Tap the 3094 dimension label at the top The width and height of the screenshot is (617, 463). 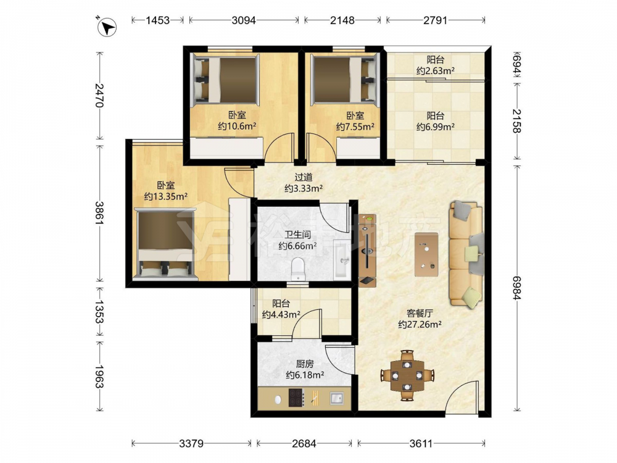pos(244,20)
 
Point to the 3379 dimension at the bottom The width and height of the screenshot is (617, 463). pos(191,444)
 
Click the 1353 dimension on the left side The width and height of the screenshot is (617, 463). pos(99,312)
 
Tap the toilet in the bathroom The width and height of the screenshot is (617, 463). pos(298,269)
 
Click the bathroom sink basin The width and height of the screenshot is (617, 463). pos(342,261)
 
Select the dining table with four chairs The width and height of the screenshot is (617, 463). pos(407,375)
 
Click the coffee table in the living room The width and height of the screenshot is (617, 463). pos(426,254)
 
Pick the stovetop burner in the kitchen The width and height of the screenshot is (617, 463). pos(296,398)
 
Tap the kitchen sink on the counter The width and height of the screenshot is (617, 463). pos(336,398)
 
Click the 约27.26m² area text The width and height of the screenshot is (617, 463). pos(420,325)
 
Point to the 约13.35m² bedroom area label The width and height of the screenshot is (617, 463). pos(165,196)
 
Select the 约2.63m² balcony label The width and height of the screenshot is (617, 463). pos(436,71)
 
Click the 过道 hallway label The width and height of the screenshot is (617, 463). pos(304,177)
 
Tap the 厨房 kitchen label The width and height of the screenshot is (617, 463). pos(305,364)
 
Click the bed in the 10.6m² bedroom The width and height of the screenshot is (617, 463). pos(225,80)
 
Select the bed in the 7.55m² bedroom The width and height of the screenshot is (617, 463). pos(345,80)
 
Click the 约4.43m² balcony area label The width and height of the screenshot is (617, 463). pos(281,315)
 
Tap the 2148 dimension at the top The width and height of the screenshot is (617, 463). pos(342,20)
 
